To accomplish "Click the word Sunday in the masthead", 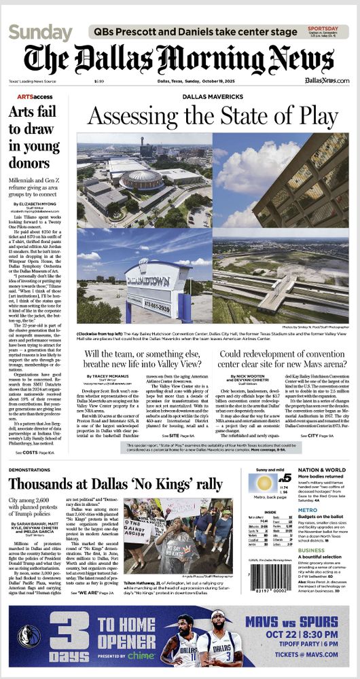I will (x=40, y=33).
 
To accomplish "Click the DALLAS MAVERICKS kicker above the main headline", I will (x=212, y=97).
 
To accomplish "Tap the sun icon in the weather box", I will (x=263, y=483).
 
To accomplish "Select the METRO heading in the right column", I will (x=307, y=510).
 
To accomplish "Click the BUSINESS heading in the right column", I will (x=312, y=550).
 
